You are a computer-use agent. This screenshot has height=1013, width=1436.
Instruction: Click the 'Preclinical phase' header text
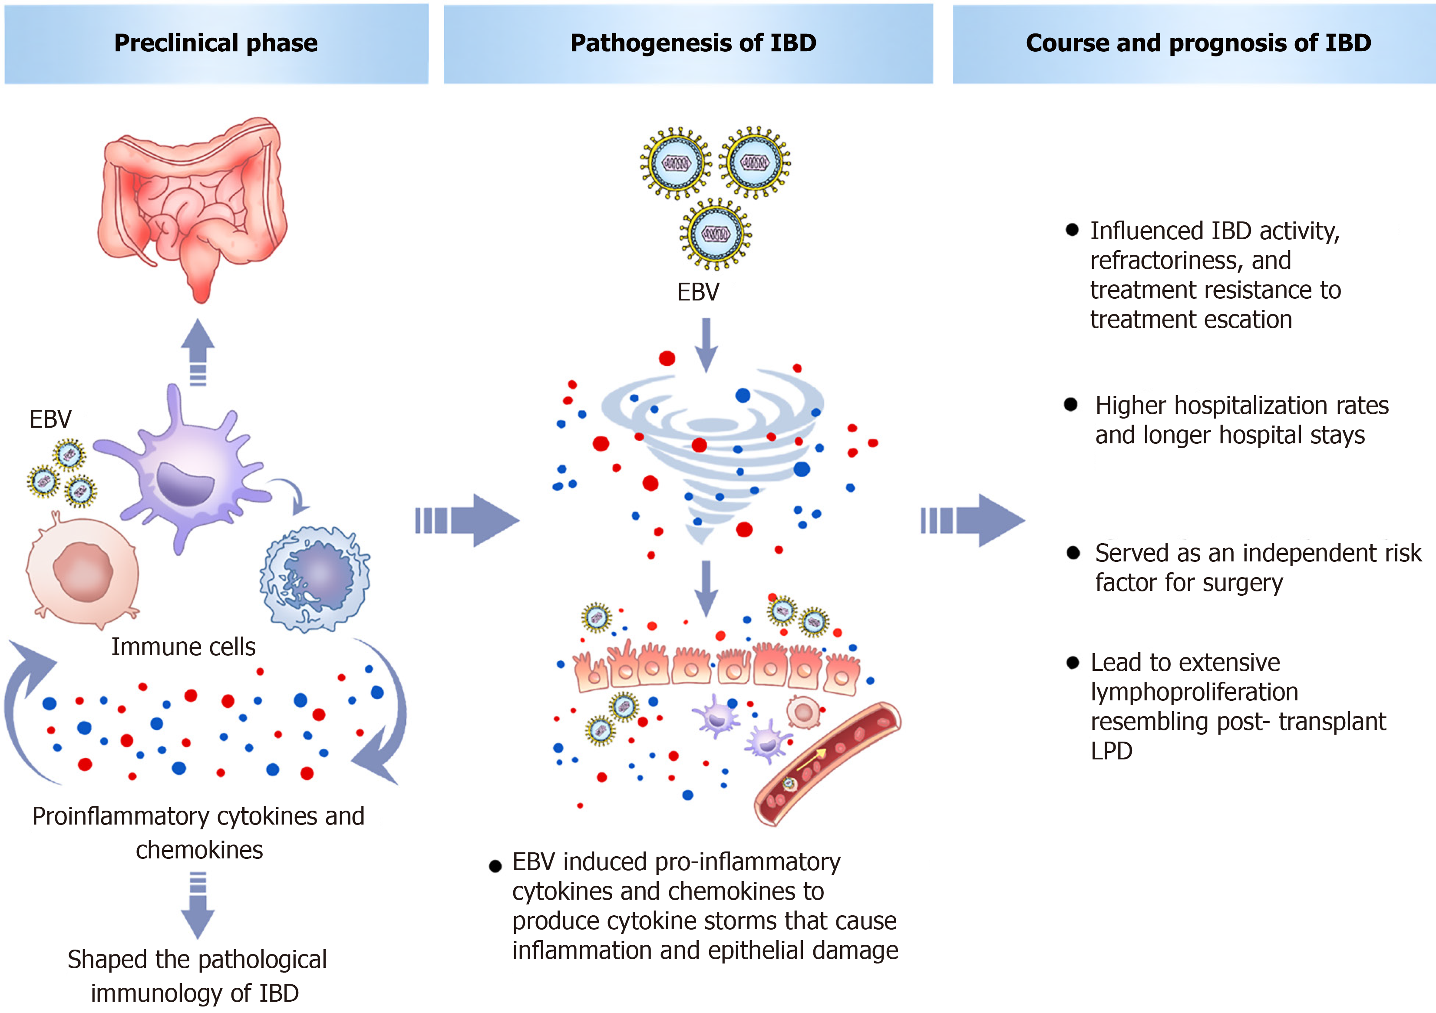pyautogui.click(x=216, y=43)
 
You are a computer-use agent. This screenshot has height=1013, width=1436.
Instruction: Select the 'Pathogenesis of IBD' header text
pyautogui.click(x=693, y=43)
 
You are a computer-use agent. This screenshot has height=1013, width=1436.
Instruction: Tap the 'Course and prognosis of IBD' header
pyautogui.click(x=1198, y=43)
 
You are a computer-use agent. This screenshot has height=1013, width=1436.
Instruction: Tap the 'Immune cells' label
pyautogui.click(x=183, y=647)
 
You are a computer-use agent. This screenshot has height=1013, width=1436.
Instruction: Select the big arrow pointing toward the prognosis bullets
pyautogui.click(x=973, y=520)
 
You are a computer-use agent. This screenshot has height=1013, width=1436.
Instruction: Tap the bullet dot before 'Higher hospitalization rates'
pyautogui.click(x=1071, y=405)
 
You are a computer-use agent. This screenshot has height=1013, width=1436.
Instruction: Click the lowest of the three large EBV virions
pyautogui.click(x=716, y=234)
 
